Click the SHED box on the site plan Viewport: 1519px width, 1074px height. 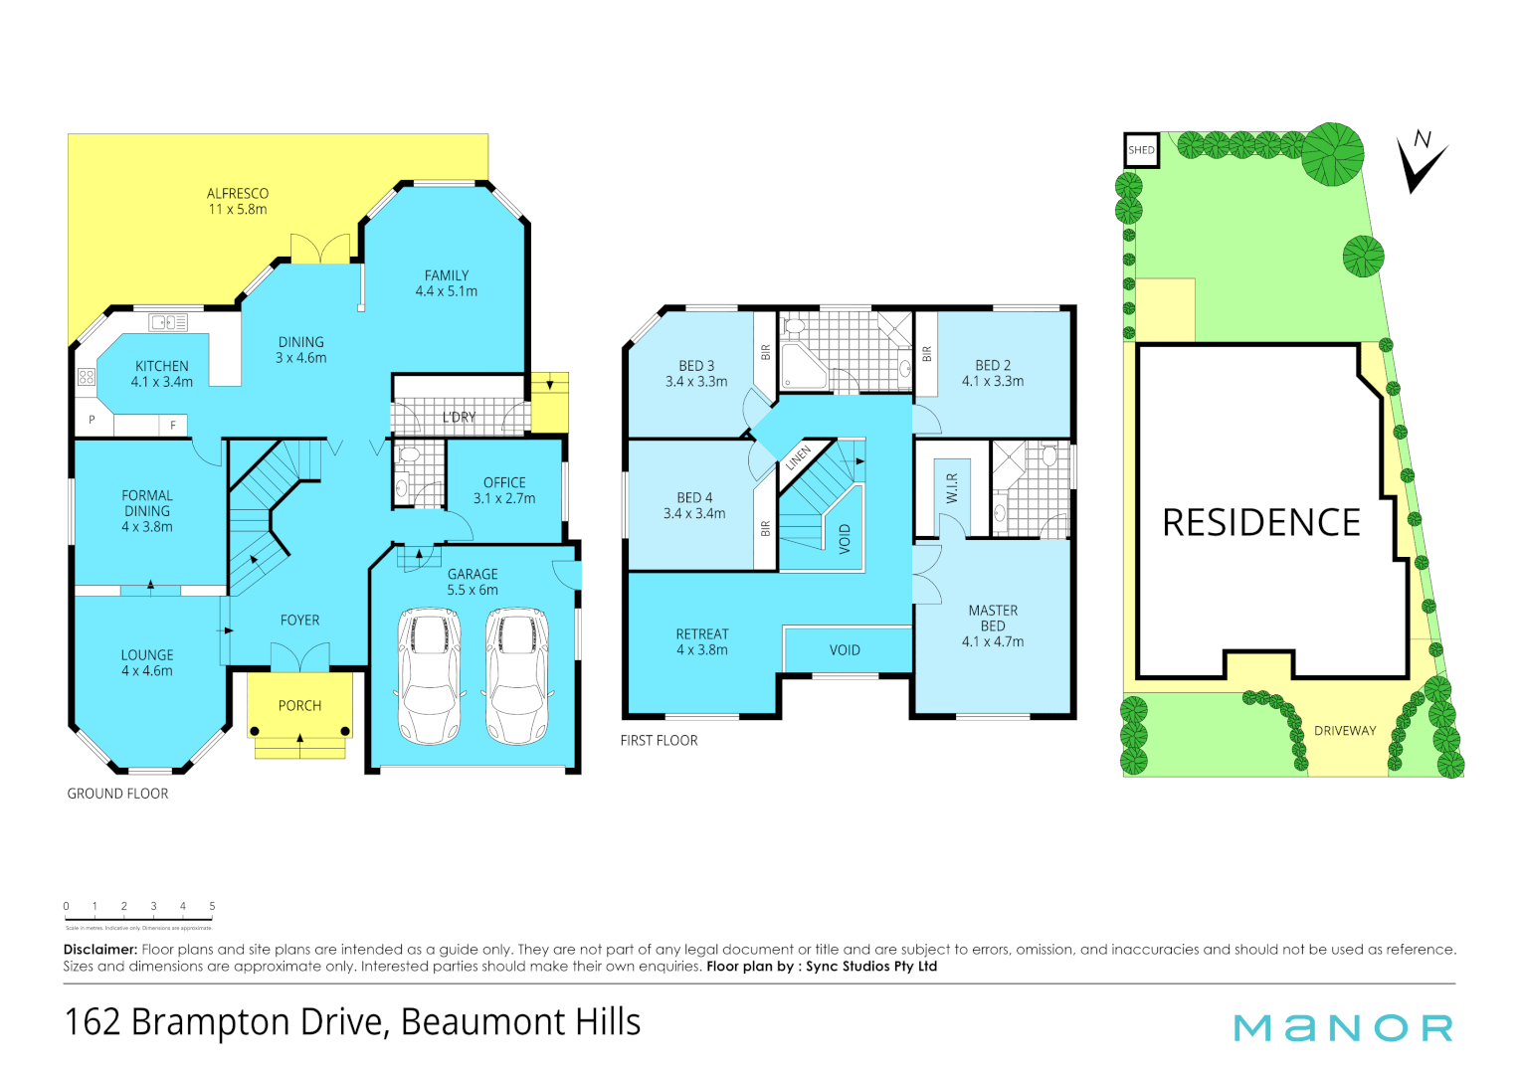tap(1141, 150)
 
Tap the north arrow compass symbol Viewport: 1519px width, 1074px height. tap(1421, 161)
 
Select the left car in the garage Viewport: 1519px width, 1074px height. tap(430, 675)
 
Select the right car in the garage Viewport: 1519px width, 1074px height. tap(516, 675)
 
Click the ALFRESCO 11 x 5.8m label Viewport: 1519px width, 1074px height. tap(238, 201)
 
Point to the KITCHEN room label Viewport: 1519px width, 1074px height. tap(162, 374)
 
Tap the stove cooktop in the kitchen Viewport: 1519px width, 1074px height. tap(87, 376)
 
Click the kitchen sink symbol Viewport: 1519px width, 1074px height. tap(168, 322)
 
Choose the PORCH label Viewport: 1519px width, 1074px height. tap(299, 706)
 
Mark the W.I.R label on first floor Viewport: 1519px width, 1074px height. tap(952, 488)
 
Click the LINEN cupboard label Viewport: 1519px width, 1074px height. tap(799, 458)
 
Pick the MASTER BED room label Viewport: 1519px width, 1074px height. tap(993, 626)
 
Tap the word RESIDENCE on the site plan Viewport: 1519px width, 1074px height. tap(1261, 523)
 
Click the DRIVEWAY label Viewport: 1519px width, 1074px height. tap(1345, 731)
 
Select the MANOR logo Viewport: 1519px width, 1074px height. tap(1343, 1028)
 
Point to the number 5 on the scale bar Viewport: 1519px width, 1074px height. tap(212, 906)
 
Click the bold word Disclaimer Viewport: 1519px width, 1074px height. tap(100, 950)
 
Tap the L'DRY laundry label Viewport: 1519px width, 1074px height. tap(459, 418)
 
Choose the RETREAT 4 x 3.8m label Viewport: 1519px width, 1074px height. tap(702, 641)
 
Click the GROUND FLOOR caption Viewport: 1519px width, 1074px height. tap(117, 794)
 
